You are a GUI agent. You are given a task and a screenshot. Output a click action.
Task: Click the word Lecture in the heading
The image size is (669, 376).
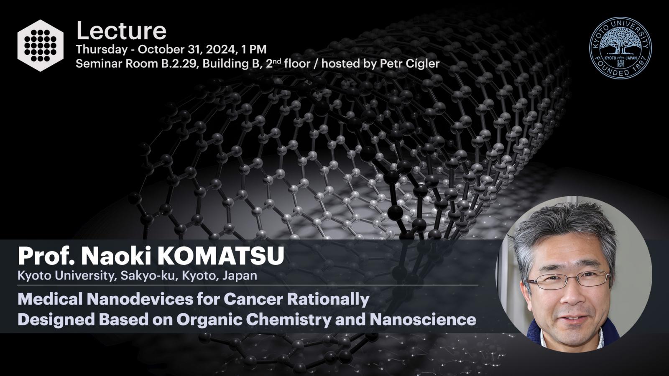121,31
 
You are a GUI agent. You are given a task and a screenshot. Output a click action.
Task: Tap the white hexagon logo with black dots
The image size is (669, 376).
40,46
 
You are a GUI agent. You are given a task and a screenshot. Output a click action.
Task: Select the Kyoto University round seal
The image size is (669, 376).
620,48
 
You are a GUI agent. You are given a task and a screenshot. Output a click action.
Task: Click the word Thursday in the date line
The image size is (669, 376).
102,50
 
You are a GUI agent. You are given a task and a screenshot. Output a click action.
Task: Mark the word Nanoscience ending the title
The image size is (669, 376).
423,319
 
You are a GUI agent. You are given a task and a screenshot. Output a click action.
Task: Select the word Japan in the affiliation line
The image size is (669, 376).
240,275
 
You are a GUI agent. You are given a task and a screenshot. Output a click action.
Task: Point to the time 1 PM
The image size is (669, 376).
254,50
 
